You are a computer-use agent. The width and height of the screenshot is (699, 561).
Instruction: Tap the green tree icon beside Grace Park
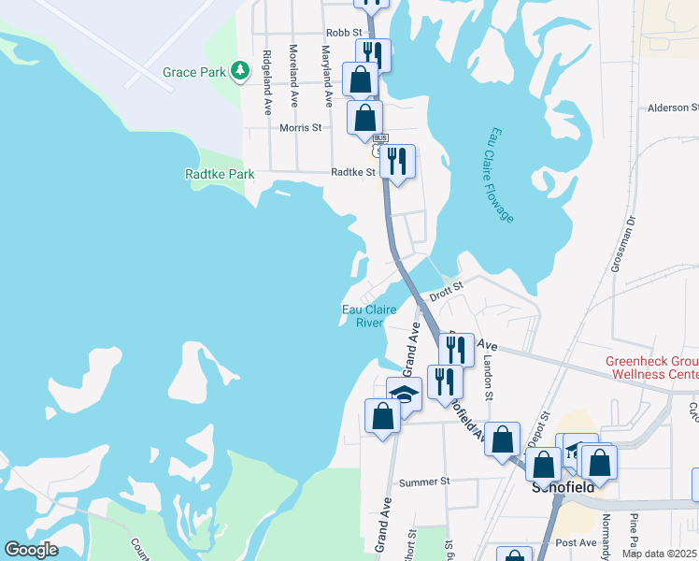pyautogui.click(x=240, y=70)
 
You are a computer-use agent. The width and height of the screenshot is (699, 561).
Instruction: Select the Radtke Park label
pyautogui.click(x=220, y=174)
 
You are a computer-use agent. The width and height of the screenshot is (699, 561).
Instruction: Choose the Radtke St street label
pyautogui.click(x=353, y=172)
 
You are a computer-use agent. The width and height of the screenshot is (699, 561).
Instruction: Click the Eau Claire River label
pyautogui.click(x=368, y=316)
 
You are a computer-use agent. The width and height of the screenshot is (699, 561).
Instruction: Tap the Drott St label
pyautogui.click(x=446, y=291)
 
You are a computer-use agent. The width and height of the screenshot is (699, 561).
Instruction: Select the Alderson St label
pyautogui.click(x=673, y=108)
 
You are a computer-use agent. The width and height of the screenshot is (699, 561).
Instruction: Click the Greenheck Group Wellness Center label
pyautogui.click(x=651, y=367)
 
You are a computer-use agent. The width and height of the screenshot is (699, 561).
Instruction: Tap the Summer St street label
pyautogui.click(x=424, y=482)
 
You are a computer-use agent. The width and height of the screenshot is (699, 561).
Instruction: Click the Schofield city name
pyautogui.click(x=563, y=487)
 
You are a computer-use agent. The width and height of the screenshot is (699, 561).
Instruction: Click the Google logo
pyautogui.click(x=31, y=550)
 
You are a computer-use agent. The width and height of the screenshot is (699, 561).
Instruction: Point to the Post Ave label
pyautogui.click(x=575, y=542)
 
